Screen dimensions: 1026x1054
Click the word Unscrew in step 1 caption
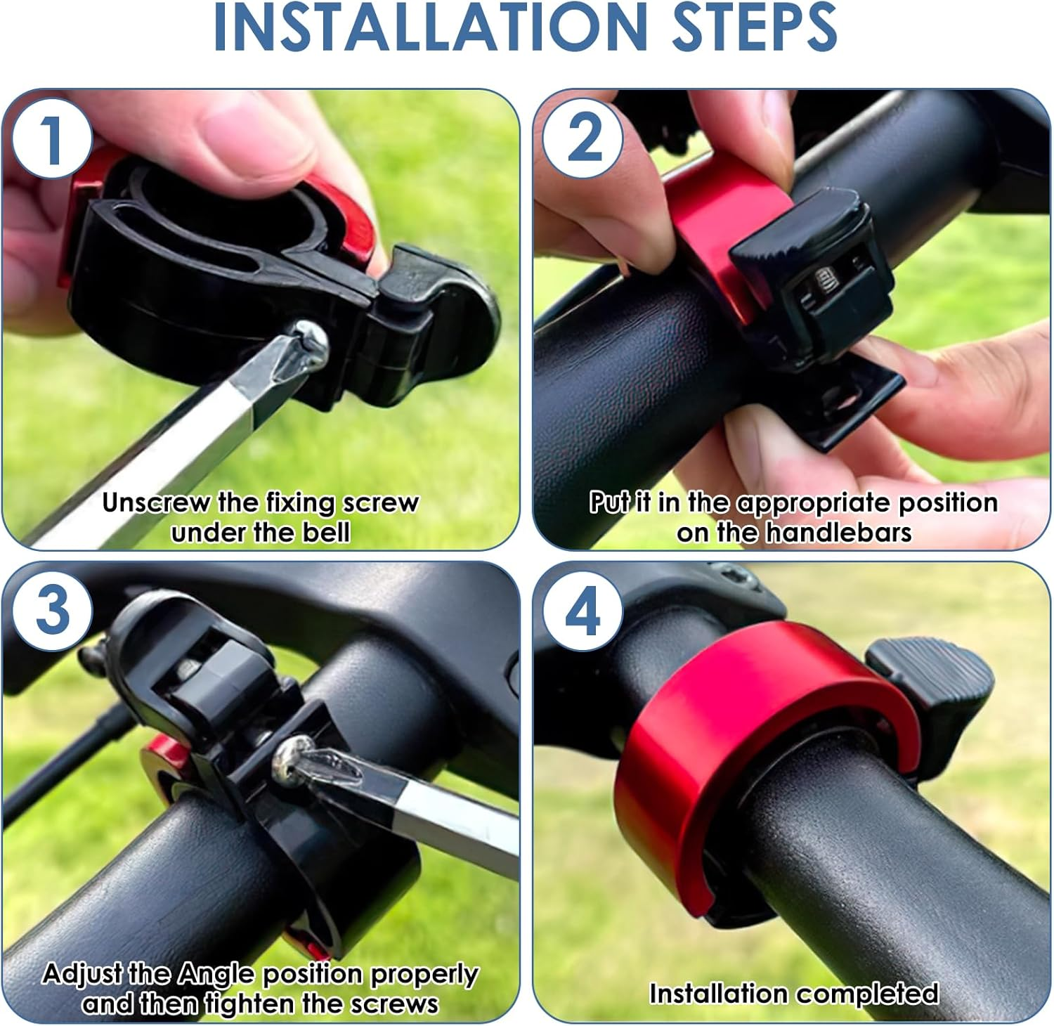point(155,503)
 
